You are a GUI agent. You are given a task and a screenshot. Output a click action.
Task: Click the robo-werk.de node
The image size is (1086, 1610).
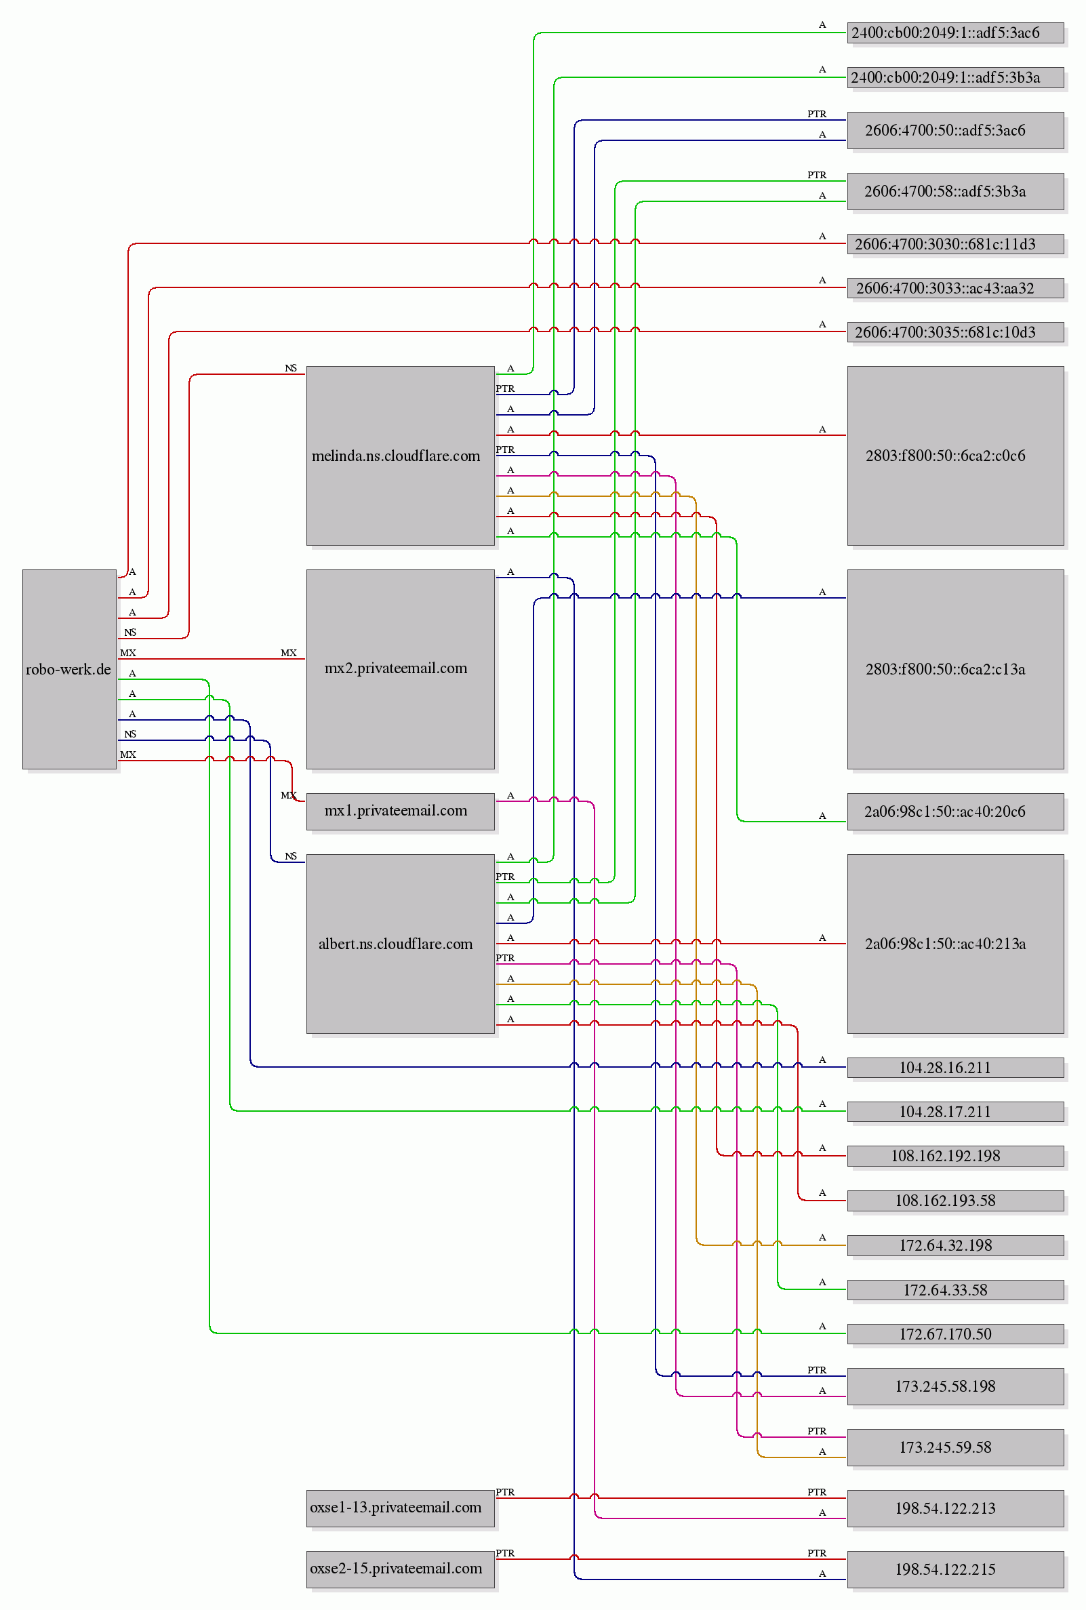pyautogui.click(x=69, y=669)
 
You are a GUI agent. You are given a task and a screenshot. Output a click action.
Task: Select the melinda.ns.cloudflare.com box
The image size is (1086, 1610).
pyautogui.click(x=401, y=456)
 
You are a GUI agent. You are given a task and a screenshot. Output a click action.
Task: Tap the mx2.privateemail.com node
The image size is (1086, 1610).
pyautogui.click(x=401, y=669)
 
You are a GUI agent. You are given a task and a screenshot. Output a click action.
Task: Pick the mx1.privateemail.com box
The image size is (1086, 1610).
pyautogui.click(x=401, y=811)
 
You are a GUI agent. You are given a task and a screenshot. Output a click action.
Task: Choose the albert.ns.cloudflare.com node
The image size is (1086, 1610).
pyautogui.click(x=401, y=944)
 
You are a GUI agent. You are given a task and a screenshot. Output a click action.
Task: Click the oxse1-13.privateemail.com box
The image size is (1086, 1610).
pyautogui.click(x=401, y=1508)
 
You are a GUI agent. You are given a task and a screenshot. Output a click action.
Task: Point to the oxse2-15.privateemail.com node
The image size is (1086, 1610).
pyautogui.click(x=401, y=1569)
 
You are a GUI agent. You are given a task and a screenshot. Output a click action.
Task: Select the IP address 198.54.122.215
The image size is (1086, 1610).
pyautogui.click(x=956, y=1569)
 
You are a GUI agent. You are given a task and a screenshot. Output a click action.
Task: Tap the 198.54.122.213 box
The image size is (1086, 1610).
pyautogui.click(x=956, y=1508)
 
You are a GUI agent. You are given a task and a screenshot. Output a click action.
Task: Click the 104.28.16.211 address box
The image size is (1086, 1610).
pyautogui.click(x=956, y=1068)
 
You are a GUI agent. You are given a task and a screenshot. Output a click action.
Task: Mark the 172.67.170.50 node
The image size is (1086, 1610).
pyautogui.click(x=956, y=1334)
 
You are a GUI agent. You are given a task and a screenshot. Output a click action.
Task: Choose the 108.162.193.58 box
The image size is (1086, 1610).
pyautogui.click(x=956, y=1201)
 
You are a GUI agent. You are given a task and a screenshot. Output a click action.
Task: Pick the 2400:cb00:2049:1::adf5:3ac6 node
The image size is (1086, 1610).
pyautogui.click(x=956, y=33)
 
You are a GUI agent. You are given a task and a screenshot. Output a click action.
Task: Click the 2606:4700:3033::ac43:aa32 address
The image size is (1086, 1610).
pyautogui.click(x=956, y=288)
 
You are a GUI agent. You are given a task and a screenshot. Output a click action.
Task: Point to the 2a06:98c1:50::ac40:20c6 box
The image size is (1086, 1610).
pyautogui.click(x=956, y=811)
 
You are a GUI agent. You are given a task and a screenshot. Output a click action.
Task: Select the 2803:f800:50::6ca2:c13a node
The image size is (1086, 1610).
pyautogui.click(x=956, y=669)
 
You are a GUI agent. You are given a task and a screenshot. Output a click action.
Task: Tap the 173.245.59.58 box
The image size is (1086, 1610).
pyautogui.click(x=956, y=1447)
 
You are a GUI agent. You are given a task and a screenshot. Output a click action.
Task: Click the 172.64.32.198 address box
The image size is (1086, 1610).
pyautogui.click(x=956, y=1245)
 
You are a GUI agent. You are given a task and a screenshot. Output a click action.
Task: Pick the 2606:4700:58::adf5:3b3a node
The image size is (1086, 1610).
pyautogui.click(x=956, y=191)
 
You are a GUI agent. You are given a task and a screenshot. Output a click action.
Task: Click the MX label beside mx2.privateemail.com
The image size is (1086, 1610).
pyautogui.click(x=289, y=653)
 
